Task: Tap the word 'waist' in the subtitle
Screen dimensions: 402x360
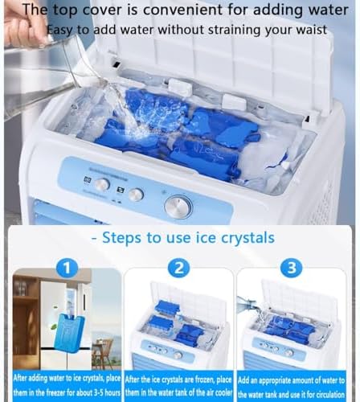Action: coord(309,30)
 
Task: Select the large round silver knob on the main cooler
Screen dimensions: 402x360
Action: coord(178,207)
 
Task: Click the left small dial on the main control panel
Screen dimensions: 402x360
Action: coord(102,184)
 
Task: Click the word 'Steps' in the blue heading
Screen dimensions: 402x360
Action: coord(119,237)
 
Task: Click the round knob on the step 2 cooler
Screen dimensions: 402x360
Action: coord(178,355)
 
